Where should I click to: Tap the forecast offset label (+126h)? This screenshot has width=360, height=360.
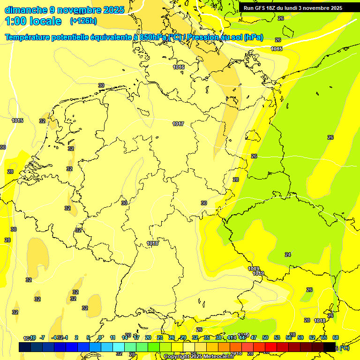click(83, 21)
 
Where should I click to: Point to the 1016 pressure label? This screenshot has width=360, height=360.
click(179, 67)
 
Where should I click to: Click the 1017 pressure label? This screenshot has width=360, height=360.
click(178, 124)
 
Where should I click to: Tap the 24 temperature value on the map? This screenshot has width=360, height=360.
click(288, 255)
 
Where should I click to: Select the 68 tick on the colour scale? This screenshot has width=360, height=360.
click(336, 337)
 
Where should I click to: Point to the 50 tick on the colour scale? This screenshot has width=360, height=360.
click(265, 337)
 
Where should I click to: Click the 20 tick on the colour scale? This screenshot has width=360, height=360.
click(148, 337)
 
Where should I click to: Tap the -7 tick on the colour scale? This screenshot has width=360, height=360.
click(42, 337)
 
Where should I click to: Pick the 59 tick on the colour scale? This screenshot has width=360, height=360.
click(300, 337)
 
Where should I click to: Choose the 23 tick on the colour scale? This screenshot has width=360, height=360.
click(160, 337)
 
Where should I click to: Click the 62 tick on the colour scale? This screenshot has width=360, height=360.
click(312, 337)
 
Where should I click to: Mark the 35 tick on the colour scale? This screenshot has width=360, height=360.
click(207, 337)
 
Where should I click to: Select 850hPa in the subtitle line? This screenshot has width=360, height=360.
click(153, 37)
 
